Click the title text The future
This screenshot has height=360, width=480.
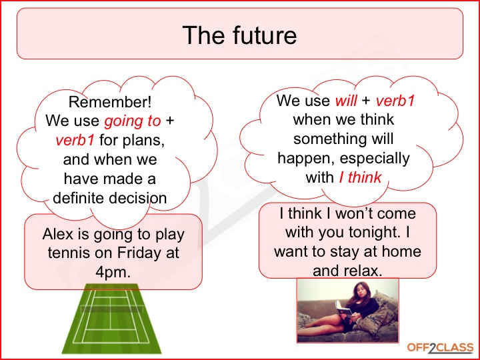pyautogui.click(x=239, y=35)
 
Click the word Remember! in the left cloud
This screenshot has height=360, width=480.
pyautogui.click(x=110, y=102)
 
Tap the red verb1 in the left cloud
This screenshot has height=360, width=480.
pyautogui.click(x=75, y=140)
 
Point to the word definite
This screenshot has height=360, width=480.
pyautogui.click(x=79, y=198)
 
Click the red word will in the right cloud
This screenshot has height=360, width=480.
pyautogui.click(x=346, y=101)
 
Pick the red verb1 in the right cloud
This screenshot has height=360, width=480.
pyautogui.click(x=395, y=101)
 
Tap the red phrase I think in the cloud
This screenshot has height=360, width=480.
pyautogui.click(x=360, y=177)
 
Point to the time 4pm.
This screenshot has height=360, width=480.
pyautogui.click(x=113, y=272)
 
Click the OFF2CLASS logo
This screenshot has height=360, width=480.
pyautogui.click(x=441, y=348)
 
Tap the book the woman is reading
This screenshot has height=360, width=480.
pyautogui.click(x=343, y=309)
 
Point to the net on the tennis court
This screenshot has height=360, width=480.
pyautogui.click(x=112, y=309)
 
